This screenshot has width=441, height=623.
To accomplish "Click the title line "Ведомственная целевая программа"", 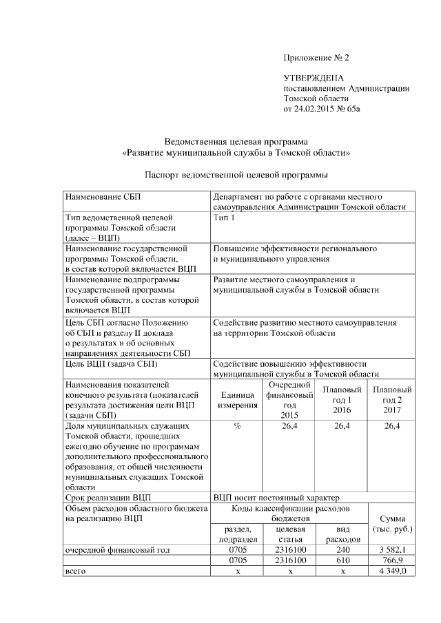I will pos(235,141).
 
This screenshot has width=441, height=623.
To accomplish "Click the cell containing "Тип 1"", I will pos(224,218).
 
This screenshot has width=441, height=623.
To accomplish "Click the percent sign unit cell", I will pos(237,427).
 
